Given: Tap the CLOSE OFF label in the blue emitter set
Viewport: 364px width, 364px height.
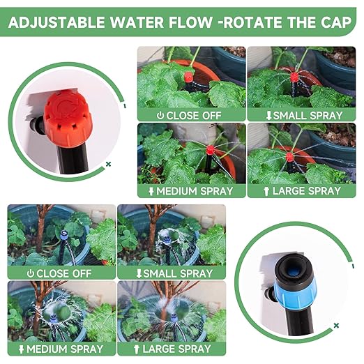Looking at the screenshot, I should click(x=65, y=273).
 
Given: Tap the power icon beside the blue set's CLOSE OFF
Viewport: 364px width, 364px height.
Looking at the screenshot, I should click(x=30, y=273).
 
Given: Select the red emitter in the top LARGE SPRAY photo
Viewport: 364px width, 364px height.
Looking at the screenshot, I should click(x=289, y=156).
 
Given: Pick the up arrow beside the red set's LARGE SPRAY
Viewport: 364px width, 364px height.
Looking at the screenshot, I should click(x=266, y=190).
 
